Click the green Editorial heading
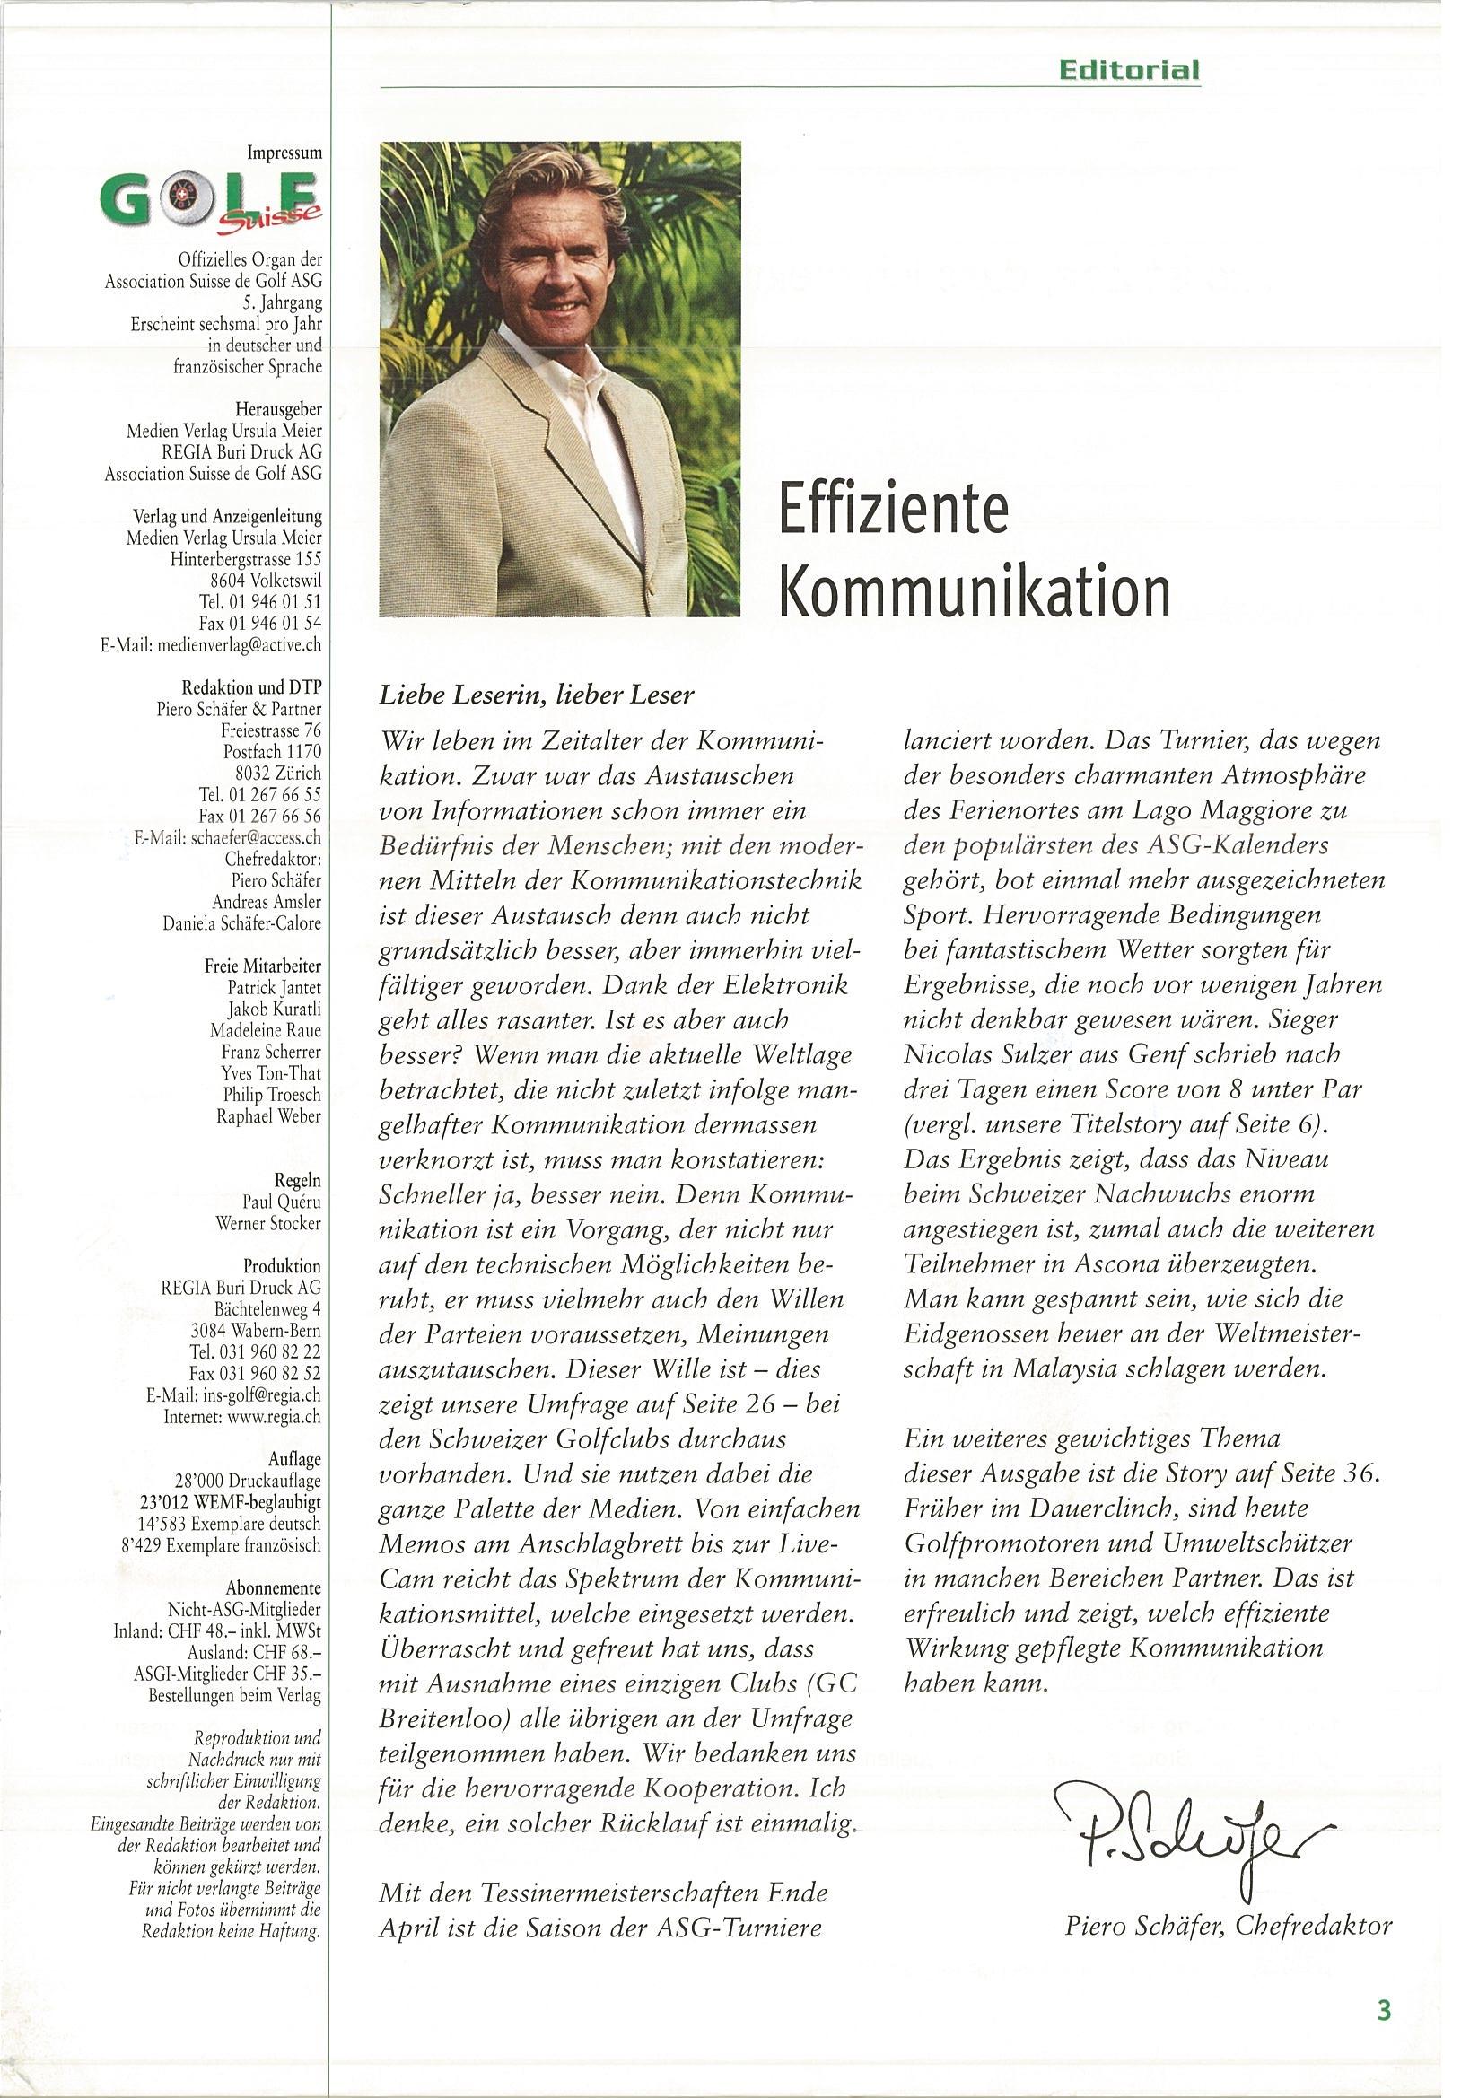pos(1128,70)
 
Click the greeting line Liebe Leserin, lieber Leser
pos(537,695)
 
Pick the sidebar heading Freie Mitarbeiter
pos(262,966)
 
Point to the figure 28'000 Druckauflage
pos(248,1481)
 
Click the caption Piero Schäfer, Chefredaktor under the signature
pos(1228,1899)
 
